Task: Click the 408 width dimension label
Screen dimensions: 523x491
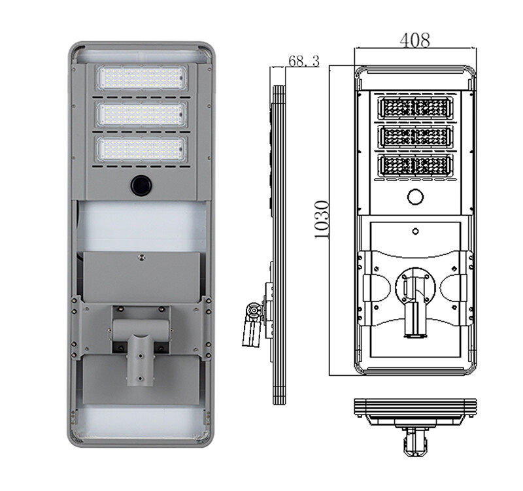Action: (x=414, y=40)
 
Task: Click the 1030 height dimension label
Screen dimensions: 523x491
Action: (x=322, y=220)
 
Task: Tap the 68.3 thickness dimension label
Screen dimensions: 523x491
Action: (x=303, y=61)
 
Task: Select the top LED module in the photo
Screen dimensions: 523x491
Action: (x=141, y=78)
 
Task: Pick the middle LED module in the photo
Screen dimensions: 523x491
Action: (x=141, y=114)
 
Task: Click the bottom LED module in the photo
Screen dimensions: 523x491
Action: (x=141, y=148)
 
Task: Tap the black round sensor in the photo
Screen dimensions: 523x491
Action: (x=141, y=185)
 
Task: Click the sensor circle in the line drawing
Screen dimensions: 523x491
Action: (x=416, y=197)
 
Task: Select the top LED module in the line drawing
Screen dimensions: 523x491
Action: (x=416, y=108)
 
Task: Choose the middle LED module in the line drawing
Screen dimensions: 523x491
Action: (x=416, y=137)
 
